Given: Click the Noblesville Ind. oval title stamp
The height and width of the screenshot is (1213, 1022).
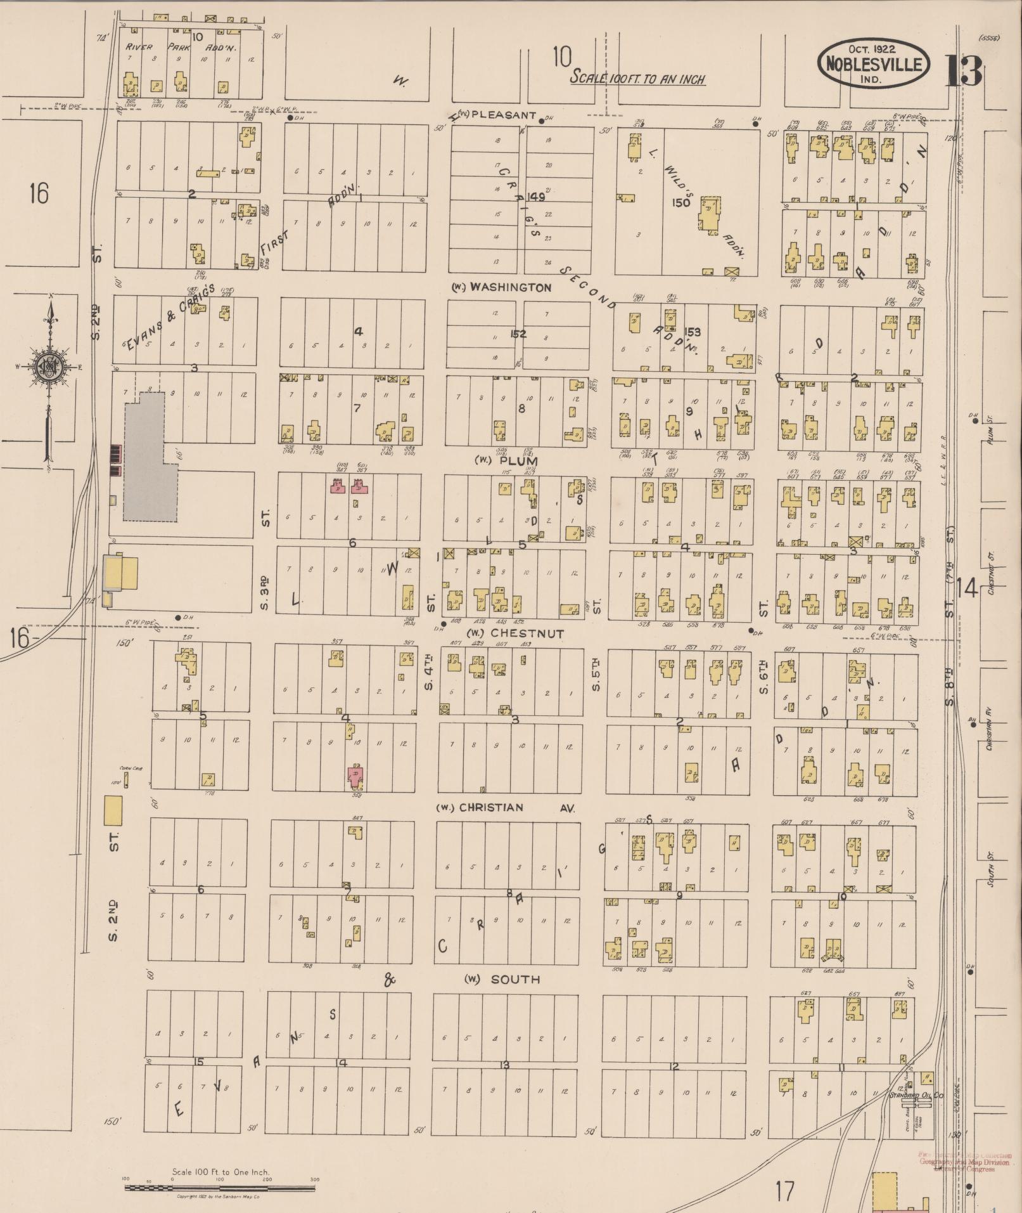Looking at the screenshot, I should (x=873, y=64).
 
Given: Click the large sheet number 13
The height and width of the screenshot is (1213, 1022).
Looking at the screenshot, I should (x=964, y=71).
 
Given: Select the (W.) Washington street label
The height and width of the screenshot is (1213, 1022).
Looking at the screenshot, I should (x=501, y=287).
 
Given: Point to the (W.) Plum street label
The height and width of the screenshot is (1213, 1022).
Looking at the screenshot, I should (x=506, y=461).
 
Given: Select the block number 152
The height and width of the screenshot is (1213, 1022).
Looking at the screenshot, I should (x=518, y=334).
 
